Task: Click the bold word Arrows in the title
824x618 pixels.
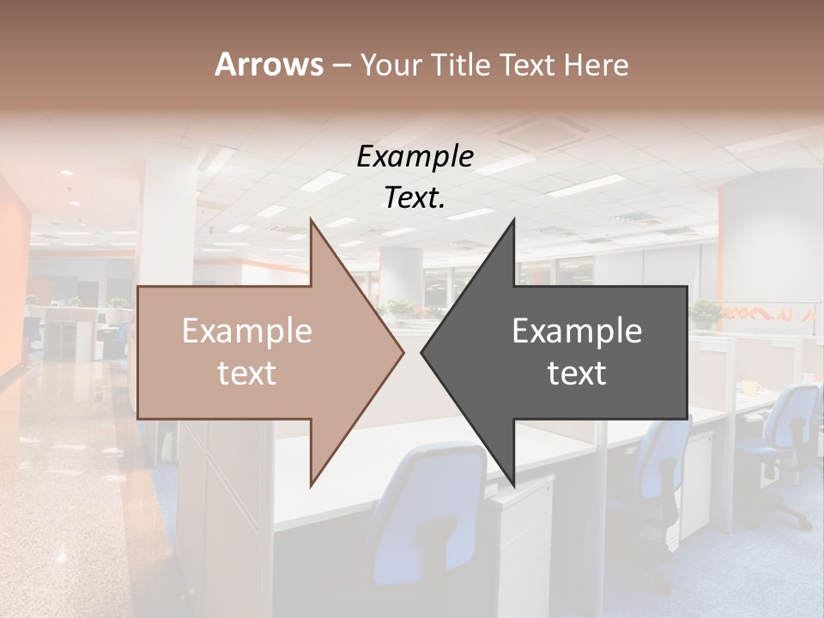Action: (270, 64)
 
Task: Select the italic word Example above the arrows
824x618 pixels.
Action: (415, 156)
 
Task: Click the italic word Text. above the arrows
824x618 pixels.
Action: (415, 197)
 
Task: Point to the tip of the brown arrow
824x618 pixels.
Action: (403, 352)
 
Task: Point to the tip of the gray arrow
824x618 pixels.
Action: (421, 352)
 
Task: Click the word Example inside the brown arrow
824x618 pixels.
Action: (246, 331)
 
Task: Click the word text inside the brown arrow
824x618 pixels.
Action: (246, 373)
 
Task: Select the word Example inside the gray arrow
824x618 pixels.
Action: (577, 331)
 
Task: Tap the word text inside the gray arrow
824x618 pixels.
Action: (577, 373)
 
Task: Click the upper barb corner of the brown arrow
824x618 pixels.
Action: (311, 221)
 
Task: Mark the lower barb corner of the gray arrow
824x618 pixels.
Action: (514, 486)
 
